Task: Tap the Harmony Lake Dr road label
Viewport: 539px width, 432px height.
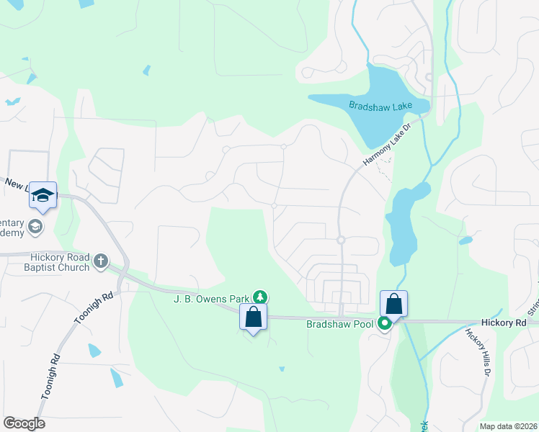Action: [x=386, y=145]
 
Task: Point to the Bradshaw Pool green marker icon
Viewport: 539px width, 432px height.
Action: [x=386, y=324]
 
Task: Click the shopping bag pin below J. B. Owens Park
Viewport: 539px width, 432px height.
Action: [x=254, y=316]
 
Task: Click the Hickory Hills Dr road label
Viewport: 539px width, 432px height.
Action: [x=477, y=353]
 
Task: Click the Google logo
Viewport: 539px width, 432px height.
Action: [x=24, y=423]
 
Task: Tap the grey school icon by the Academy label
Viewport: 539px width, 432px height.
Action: [x=35, y=228]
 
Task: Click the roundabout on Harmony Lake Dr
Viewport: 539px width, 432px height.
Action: [x=340, y=240]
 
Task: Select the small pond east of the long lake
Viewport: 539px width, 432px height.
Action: [x=465, y=240]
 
